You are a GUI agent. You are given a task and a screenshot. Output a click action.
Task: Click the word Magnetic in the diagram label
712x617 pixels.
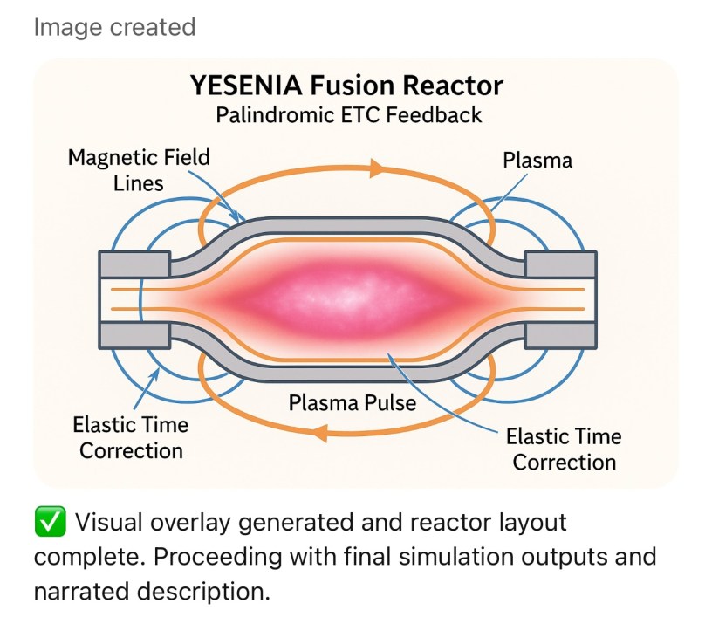(107, 158)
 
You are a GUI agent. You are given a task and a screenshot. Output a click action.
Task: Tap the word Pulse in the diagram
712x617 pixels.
(390, 404)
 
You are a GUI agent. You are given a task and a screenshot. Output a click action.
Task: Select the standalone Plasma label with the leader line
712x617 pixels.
(537, 161)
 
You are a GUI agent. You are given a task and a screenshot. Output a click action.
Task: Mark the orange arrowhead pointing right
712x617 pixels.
(378, 168)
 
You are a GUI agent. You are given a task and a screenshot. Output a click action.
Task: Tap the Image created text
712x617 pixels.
(114, 27)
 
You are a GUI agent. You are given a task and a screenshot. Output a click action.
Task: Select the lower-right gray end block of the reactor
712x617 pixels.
(559, 337)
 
